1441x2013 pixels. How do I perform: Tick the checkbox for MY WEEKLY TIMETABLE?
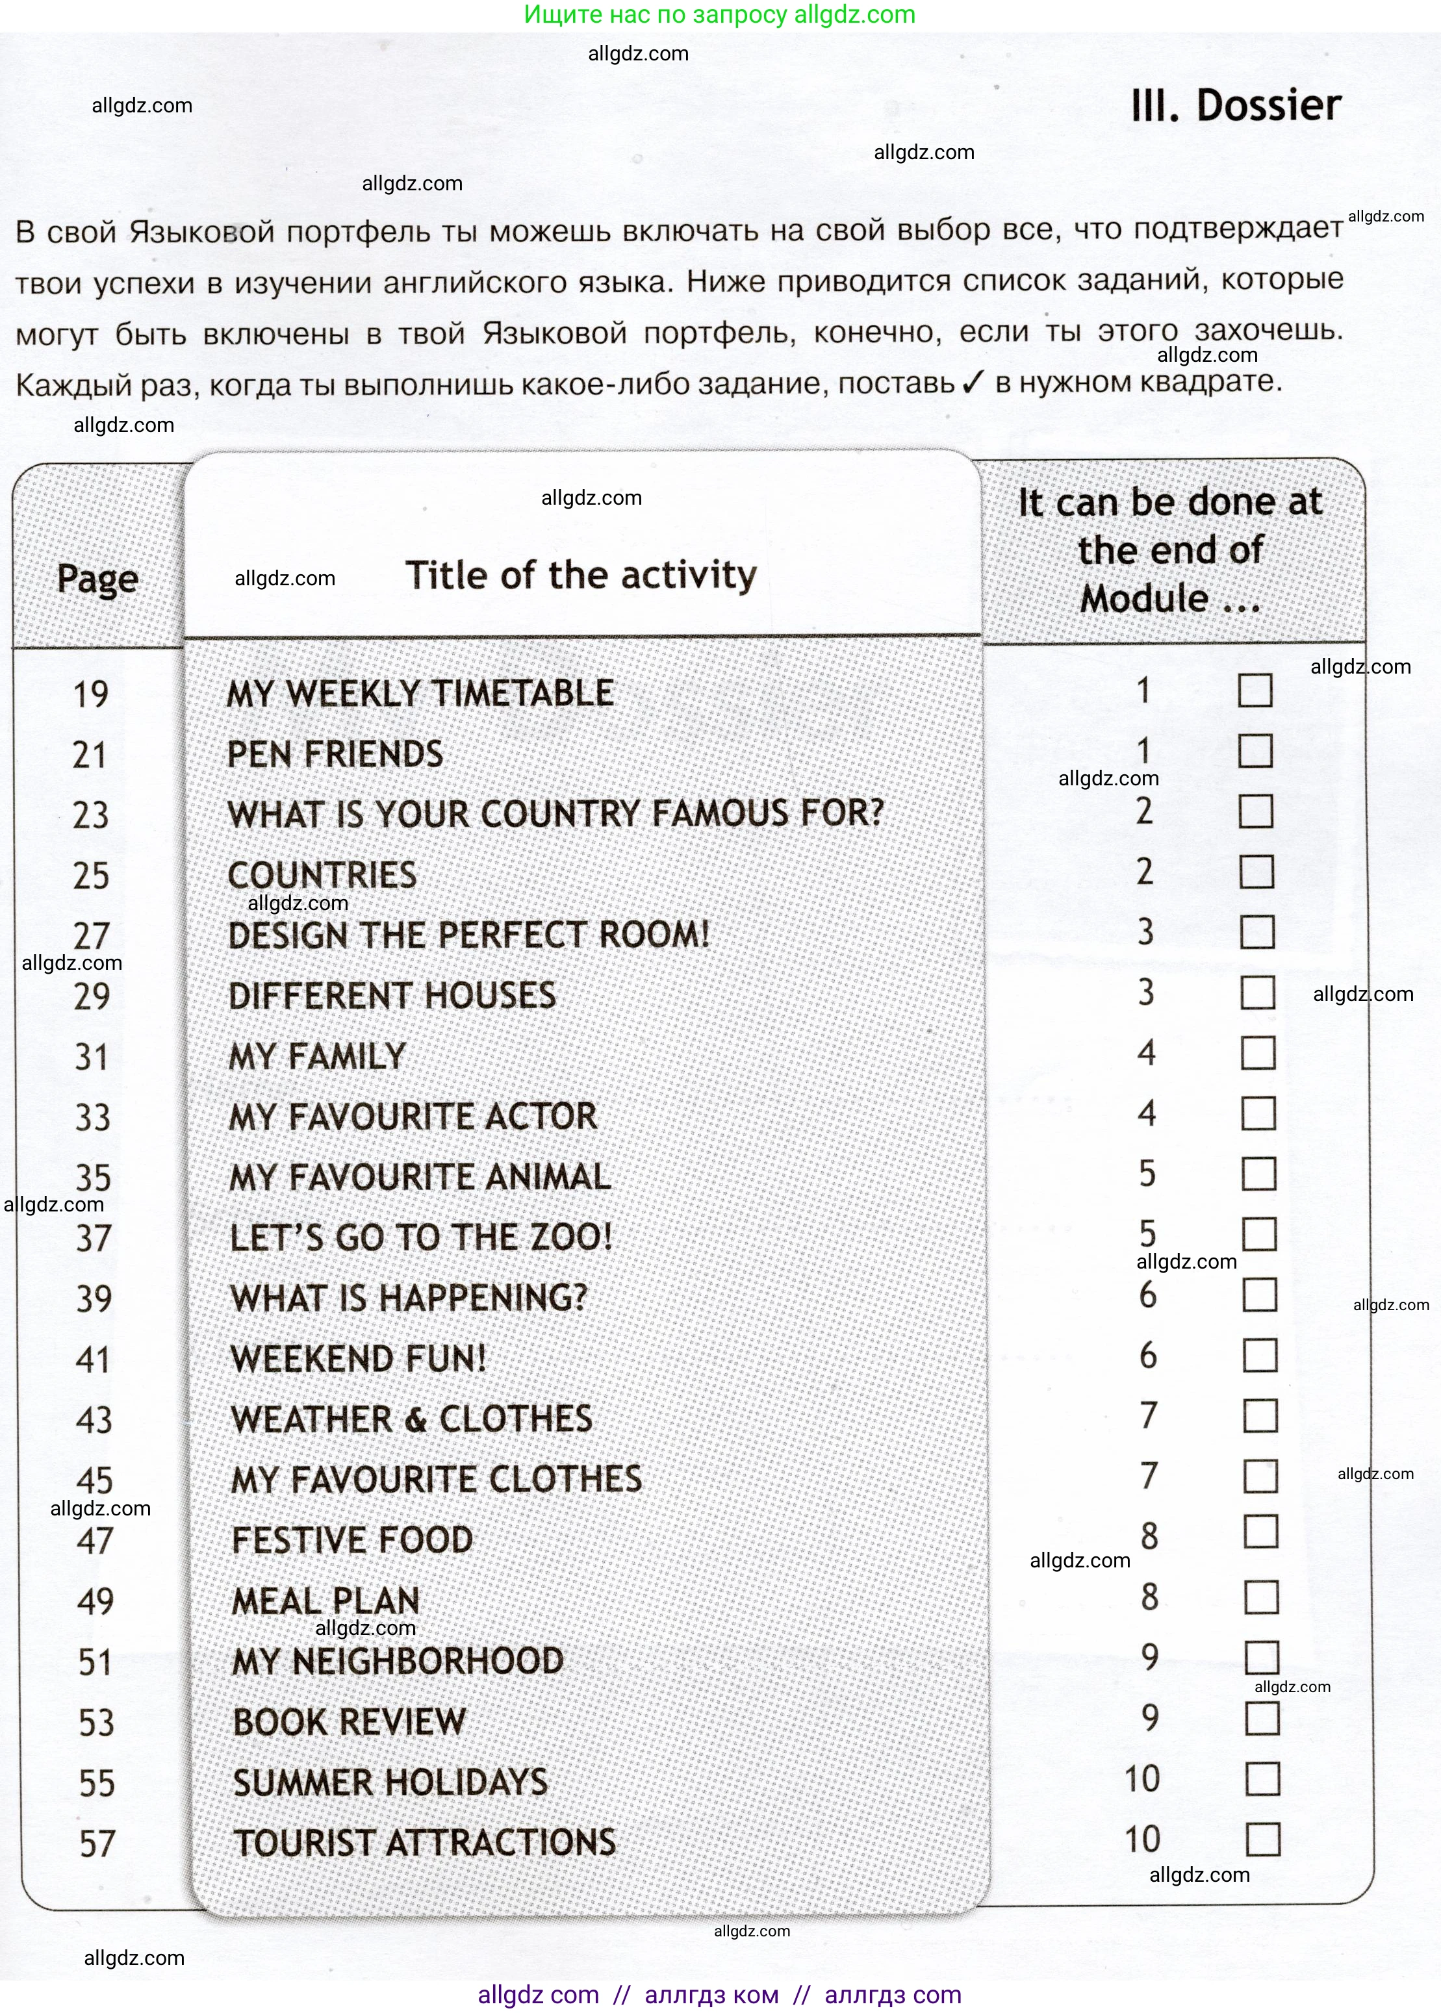click(1255, 690)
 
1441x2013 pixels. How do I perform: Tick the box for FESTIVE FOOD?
click(1261, 1532)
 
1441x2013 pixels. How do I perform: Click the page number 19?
click(90, 694)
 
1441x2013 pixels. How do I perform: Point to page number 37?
click(94, 1237)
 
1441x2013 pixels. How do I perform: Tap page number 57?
click(97, 1843)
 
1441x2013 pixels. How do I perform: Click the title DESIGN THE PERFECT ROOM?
click(468, 935)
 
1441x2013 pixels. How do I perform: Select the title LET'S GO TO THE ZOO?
click(420, 1237)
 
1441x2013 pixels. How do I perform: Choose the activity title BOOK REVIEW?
click(349, 1722)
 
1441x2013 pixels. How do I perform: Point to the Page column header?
click(97, 579)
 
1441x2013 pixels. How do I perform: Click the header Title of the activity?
click(581, 576)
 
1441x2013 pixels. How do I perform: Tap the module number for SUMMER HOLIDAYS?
click(1142, 1779)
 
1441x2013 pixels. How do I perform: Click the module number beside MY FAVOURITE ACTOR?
click(1147, 1113)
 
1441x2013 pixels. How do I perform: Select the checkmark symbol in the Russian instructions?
click(973, 383)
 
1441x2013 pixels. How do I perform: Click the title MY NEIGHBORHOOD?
click(398, 1662)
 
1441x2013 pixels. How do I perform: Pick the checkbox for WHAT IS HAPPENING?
click(1260, 1295)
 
